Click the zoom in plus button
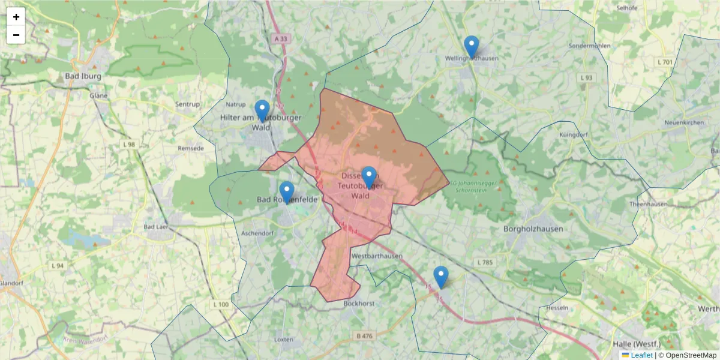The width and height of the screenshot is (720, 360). pyautogui.click(x=16, y=17)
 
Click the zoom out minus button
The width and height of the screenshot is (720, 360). pyautogui.click(x=16, y=35)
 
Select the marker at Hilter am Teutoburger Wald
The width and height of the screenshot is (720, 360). pyautogui.click(x=262, y=111)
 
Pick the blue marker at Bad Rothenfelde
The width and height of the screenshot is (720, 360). pyautogui.click(x=287, y=193)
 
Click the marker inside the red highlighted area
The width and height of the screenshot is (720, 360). pyautogui.click(x=368, y=178)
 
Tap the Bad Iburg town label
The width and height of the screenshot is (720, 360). pyautogui.click(x=83, y=77)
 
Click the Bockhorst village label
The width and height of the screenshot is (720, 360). pyautogui.click(x=359, y=304)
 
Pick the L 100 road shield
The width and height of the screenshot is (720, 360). pyautogui.click(x=220, y=305)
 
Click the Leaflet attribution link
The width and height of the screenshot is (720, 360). pyautogui.click(x=641, y=355)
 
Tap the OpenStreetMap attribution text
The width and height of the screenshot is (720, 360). pyautogui.click(x=691, y=355)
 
